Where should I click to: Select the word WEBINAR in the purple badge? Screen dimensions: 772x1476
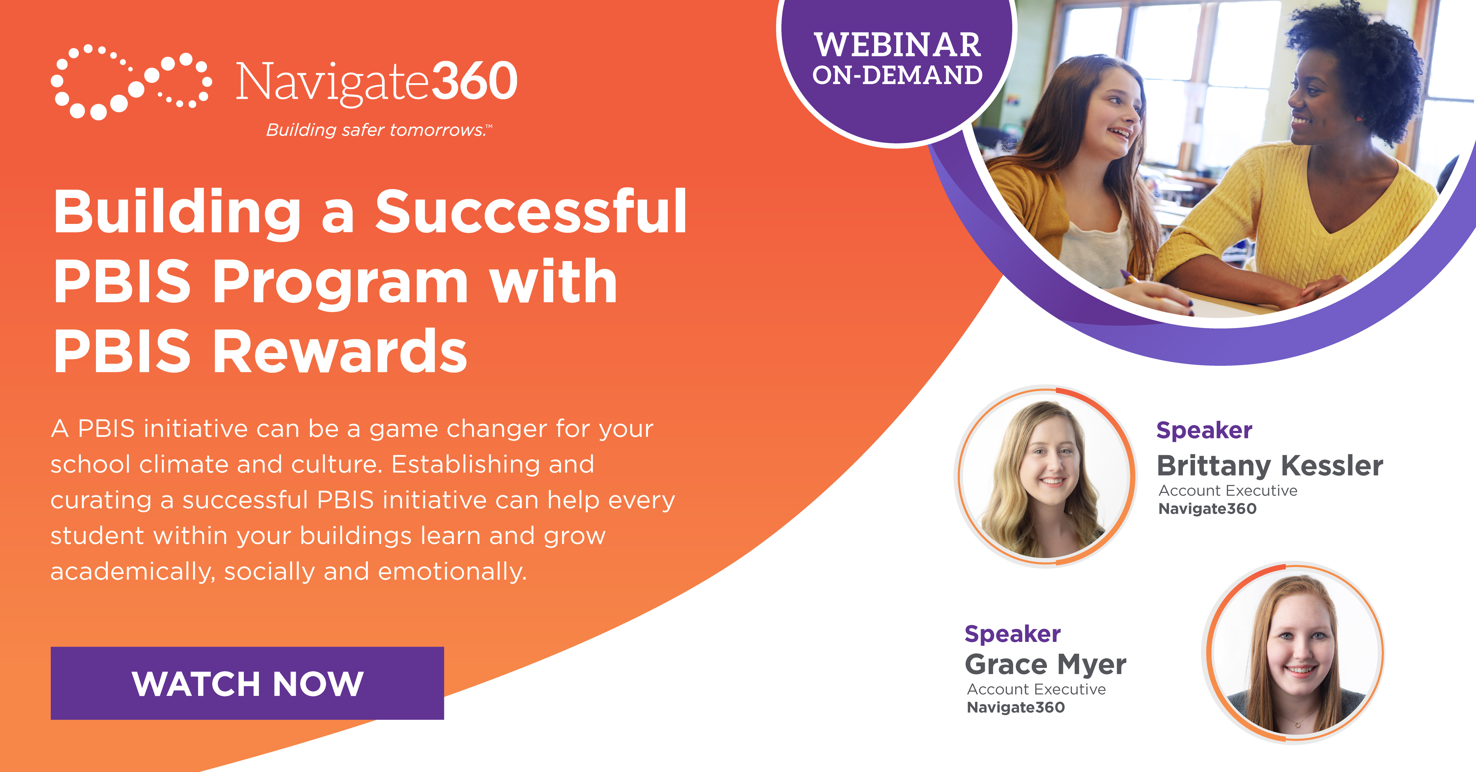click(897, 45)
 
